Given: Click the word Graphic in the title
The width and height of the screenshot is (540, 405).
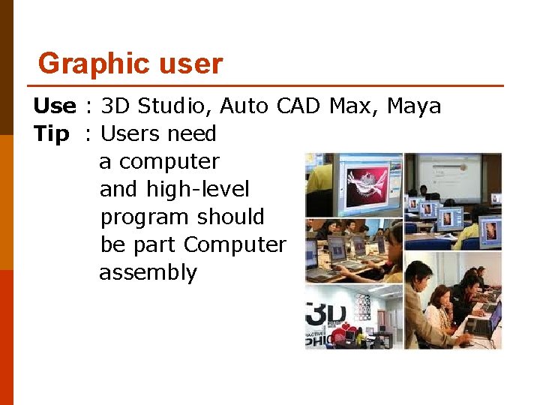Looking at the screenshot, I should click(x=82, y=64).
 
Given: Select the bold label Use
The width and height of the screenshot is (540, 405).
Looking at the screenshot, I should click(x=54, y=106).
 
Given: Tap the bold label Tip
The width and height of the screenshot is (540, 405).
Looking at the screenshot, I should click(x=51, y=134).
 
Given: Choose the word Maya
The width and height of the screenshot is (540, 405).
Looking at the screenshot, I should click(x=414, y=106).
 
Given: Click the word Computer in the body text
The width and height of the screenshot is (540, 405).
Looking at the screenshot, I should click(x=235, y=245).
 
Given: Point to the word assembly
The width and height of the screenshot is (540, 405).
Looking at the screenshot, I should click(x=148, y=273).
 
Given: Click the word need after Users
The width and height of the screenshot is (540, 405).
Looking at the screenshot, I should click(x=192, y=134).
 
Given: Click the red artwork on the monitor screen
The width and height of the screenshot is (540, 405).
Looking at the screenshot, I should click(x=368, y=183).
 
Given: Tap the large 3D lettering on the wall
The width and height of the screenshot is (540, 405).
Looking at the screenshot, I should click(x=325, y=313).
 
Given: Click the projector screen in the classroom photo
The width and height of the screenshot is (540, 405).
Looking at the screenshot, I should click(x=449, y=176).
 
